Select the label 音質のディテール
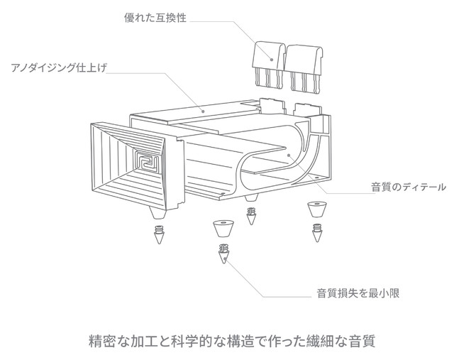(409, 188)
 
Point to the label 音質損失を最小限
(358, 293)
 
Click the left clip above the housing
(270, 62)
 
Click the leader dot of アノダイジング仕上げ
(204, 110)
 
